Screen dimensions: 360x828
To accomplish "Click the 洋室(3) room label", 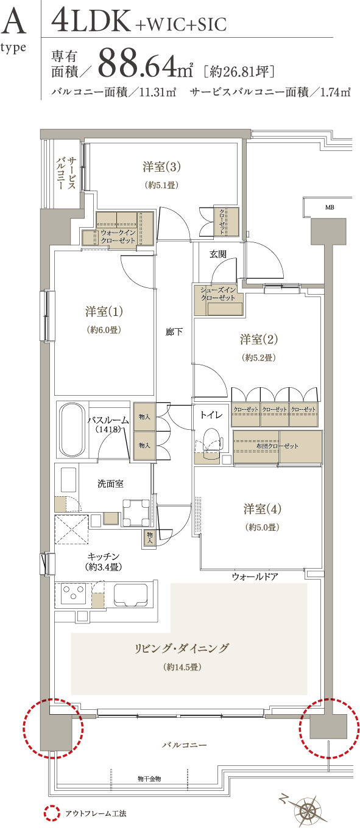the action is click(161, 167).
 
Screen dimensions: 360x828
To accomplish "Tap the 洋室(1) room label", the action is click(104, 312).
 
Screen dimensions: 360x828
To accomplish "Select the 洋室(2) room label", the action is click(259, 339).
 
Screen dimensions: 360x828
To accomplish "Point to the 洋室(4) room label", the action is click(263, 509).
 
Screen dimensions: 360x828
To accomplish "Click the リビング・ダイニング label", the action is click(182, 648).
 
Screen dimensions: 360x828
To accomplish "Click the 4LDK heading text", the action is click(91, 21).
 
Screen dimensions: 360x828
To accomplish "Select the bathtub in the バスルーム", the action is click(72, 430).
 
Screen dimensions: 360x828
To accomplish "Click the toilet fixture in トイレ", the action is click(211, 439).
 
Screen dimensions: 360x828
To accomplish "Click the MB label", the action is click(330, 208).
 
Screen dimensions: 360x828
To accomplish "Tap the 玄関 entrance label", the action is click(218, 254).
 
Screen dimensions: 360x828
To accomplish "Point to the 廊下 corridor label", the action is click(174, 332).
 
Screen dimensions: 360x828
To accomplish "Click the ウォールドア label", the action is click(255, 577).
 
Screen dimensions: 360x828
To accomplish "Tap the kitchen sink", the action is click(130, 595).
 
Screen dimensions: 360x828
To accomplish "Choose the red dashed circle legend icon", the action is click(52, 813).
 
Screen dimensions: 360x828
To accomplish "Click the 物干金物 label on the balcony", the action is click(149, 779).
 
